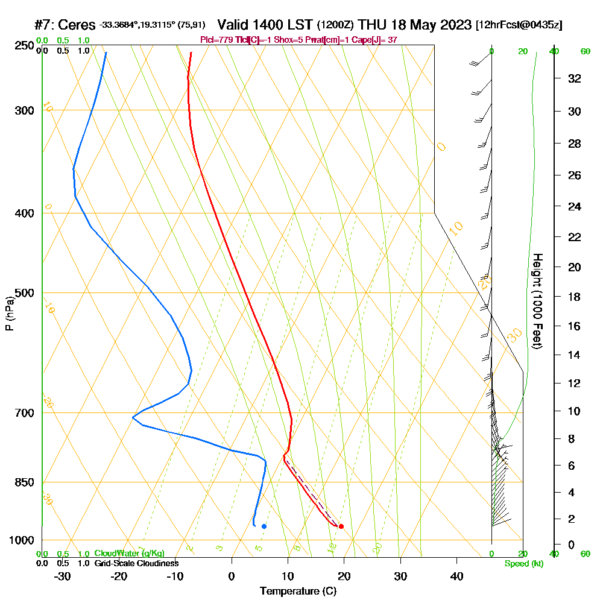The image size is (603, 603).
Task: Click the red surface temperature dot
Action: pyautogui.click(x=341, y=526)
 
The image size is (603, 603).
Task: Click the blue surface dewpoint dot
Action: pyautogui.click(x=264, y=526)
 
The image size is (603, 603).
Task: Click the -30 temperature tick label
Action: pyautogui.click(x=62, y=576)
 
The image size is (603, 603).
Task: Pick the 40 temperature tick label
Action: pyautogui.click(x=457, y=576)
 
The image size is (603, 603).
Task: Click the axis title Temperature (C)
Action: pyautogui.click(x=298, y=591)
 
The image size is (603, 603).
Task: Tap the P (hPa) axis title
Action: pyautogui.click(x=10, y=314)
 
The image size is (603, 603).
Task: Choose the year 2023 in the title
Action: pyautogui.click(x=453, y=25)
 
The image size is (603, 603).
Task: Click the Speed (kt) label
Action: pyautogui.click(x=523, y=564)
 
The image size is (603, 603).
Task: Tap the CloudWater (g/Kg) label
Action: pyautogui.click(x=129, y=554)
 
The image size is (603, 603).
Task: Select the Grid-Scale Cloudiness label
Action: pyautogui.click(x=136, y=563)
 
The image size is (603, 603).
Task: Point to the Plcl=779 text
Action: pyautogui.click(x=219, y=40)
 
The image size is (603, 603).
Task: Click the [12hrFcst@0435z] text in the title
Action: pyautogui.click(x=519, y=25)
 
